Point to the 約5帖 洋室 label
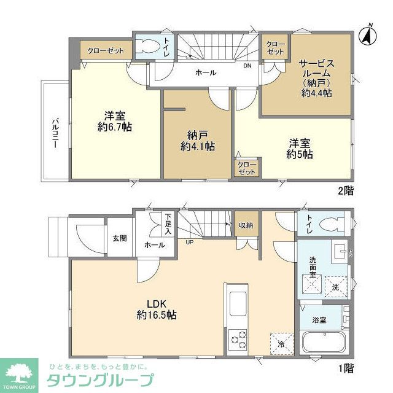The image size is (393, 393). click(299, 149)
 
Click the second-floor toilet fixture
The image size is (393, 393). click(147, 47)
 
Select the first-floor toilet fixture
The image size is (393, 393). click(331, 224)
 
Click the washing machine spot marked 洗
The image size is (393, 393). click(335, 287)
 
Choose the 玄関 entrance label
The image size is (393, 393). click(119, 237)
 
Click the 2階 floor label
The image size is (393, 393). click(346, 190)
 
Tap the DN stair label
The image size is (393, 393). click(247, 66)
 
